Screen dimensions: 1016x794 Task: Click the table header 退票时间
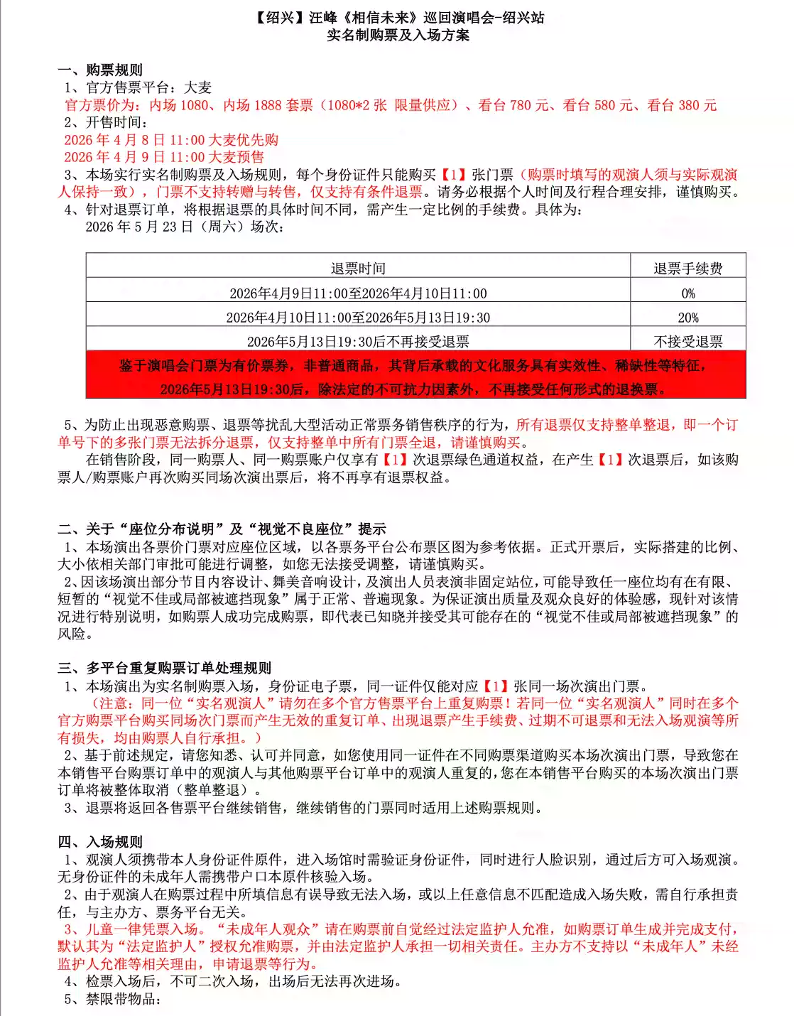click(x=358, y=269)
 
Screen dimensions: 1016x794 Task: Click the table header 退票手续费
click(x=687, y=269)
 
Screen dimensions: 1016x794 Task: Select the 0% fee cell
click(x=687, y=293)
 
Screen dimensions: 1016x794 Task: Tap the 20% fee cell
click(x=687, y=318)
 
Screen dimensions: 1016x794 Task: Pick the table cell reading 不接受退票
click(x=687, y=342)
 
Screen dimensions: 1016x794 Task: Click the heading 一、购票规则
click(x=100, y=70)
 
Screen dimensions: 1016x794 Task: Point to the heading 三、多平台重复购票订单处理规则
click(x=164, y=668)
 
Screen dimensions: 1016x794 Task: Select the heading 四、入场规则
click(x=100, y=842)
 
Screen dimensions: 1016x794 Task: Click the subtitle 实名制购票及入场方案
click(x=398, y=36)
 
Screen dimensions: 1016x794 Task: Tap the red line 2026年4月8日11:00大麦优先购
click(x=171, y=140)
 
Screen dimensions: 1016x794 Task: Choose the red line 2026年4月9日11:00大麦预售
click(x=164, y=157)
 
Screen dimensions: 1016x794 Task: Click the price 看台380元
click(x=682, y=105)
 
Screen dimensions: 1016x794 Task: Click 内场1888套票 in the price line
click(x=268, y=105)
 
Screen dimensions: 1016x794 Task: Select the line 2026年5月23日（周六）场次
click(x=185, y=227)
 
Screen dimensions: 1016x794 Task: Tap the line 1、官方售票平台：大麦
click(x=138, y=87)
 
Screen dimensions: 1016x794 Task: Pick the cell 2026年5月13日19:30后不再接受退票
click(x=358, y=342)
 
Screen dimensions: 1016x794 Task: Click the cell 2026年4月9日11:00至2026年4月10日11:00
click(x=358, y=293)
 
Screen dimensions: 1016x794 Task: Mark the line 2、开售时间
click(x=106, y=122)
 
